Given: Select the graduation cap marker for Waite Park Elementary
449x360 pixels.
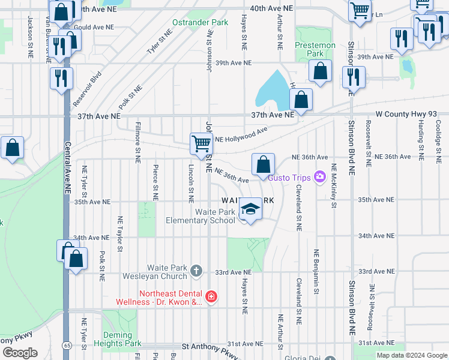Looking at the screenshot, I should coord(251,210).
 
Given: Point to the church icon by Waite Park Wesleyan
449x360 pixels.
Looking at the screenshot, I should coord(196,272).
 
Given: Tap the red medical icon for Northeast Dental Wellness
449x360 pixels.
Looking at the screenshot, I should coord(210,296).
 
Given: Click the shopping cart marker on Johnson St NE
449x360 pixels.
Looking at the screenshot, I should coord(201,144).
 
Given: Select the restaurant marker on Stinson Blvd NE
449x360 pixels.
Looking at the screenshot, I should coord(353,78).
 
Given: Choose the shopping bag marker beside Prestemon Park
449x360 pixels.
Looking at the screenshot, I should coord(321,71).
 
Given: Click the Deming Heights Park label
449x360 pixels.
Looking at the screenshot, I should coord(116,339).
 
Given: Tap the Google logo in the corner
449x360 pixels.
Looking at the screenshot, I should coord(20,353).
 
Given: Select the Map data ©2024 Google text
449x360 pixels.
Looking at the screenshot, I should coord(412,355).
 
